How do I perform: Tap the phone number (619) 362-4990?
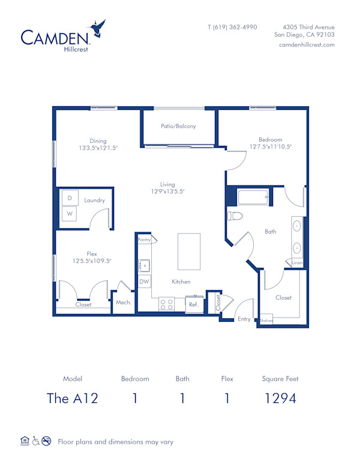tap(232, 27)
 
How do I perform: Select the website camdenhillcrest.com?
tap(307, 45)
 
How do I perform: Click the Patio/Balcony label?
tap(178, 126)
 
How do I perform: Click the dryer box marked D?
tap(70, 198)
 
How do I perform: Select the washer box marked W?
tap(70, 213)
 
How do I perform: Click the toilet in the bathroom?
tap(235, 216)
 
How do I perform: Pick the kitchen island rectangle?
tap(188, 252)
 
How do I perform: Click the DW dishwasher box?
tap(144, 281)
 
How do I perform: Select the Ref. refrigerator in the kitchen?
tap(194, 304)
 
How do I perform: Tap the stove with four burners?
tap(167, 304)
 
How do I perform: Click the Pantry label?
tap(144, 240)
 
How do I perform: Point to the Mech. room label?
tap(124, 303)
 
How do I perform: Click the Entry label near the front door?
tap(244, 319)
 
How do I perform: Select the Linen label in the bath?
tap(297, 263)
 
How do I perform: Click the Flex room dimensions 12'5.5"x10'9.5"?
tap(92, 261)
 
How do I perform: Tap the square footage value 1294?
tap(280, 398)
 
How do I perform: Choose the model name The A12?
tap(72, 398)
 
